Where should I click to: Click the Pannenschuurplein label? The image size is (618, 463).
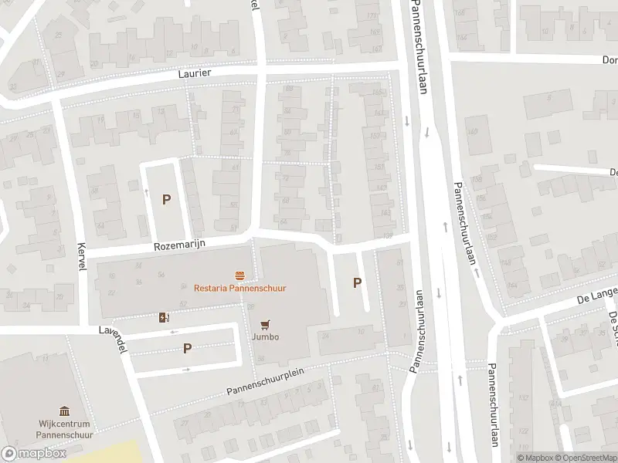pyautogui.click(x=263, y=385)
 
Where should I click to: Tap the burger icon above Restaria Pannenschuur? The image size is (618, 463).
pyautogui.click(x=239, y=275)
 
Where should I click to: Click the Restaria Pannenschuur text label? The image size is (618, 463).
pyautogui.click(x=239, y=288)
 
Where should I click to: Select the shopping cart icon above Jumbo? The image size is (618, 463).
pyautogui.click(x=265, y=324)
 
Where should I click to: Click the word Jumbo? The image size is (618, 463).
pyautogui.click(x=265, y=336)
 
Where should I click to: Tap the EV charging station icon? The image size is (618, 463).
pyautogui.click(x=163, y=317)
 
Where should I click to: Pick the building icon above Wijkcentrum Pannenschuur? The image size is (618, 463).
pyautogui.click(x=64, y=412)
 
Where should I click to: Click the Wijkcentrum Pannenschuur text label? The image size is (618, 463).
pyautogui.click(x=64, y=429)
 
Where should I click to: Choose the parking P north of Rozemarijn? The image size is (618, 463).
pyautogui.click(x=166, y=199)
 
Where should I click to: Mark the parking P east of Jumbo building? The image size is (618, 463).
pyautogui.click(x=357, y=282)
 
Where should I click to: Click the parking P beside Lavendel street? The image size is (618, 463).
pyautogui.click(x=187, y=348)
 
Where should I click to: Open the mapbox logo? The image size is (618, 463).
pyautogui.click(x=34, y=454)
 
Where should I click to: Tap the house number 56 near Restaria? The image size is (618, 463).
pyautogui.click(x=161, y=275)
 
